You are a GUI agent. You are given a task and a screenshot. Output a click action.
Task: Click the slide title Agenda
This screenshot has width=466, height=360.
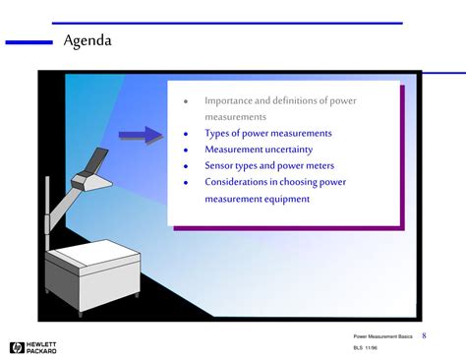(x=87, y=41)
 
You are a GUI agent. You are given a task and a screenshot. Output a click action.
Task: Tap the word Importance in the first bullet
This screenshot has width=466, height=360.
(x=229, y=100)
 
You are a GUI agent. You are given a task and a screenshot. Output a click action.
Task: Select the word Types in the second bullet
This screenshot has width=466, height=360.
(x=218, y=133)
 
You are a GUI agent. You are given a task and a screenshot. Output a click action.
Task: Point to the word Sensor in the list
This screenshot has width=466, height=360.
(x=219, y=166)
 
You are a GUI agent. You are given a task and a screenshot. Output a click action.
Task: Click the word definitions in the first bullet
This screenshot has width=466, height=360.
(x=295, y=100)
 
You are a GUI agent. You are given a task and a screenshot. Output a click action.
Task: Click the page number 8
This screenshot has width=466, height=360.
(x=424, y=335)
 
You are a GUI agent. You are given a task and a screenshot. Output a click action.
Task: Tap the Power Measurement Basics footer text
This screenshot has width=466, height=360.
(x=382, y=336)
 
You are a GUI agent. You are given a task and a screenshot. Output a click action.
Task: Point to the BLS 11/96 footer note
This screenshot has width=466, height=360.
(x=366, y=349)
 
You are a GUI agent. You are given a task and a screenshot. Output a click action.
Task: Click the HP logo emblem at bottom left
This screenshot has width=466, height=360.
(x=17, y=346)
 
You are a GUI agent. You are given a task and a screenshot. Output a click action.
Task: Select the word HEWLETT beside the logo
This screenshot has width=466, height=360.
(x=44, y=342)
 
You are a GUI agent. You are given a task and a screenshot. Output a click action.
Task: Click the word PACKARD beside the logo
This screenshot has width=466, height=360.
(x=44, y=350)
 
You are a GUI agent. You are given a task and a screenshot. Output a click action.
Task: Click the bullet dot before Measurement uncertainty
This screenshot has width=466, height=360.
(x=185, y=150)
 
